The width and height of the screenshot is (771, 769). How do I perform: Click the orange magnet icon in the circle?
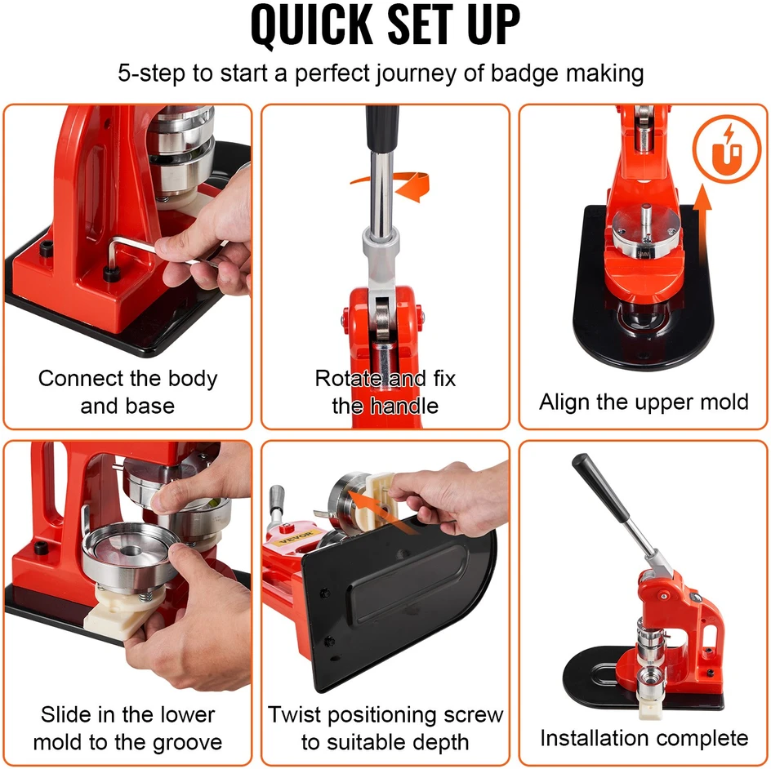tap(728, 149)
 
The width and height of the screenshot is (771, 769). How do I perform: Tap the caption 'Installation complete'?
tap(644, 738)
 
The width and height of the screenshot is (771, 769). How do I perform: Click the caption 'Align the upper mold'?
tap(644, 402)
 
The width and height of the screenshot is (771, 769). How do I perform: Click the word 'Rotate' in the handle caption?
tap(349, 379)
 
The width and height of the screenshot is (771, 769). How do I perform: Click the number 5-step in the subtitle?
tap(151, 73)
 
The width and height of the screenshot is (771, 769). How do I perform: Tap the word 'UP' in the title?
tap(493, 24)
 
